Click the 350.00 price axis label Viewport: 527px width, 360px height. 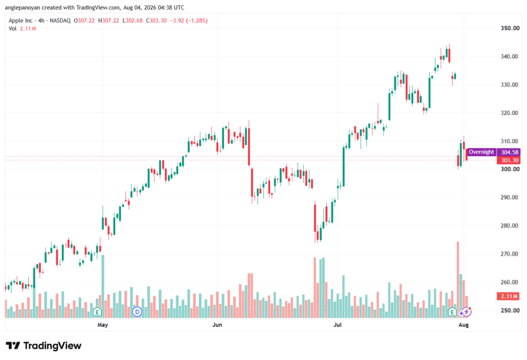[x=510, y=28]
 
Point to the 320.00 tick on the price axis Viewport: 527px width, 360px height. [x=510, y=113]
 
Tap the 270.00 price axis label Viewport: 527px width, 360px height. [x=510, y=254]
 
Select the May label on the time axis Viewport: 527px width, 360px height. [x=102, y=324]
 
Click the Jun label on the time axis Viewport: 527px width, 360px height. [x=217, y=324]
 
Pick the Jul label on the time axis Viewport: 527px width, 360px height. [x=337, y=324]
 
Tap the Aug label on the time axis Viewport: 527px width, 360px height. [x=464, y=324]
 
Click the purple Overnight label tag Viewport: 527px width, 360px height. [x=481, y=152]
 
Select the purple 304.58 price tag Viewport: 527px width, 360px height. [x=509, y=152]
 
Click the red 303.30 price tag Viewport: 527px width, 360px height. [x=509, y=161]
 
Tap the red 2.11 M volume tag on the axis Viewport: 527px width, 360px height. [x=509, y=297]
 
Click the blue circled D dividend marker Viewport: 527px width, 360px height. [x=137, y=312]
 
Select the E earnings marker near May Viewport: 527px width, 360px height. [x=97, y=312]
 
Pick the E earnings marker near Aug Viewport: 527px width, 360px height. [x=452, y=312]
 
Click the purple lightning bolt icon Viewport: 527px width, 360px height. [x=466, y=312]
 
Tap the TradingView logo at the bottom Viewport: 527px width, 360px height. [x=44, y=346]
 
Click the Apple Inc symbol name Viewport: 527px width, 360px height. [x=21, y=21]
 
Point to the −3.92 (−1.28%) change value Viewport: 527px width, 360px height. [x=188, y=21]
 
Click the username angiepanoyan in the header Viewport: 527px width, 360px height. [x=23, y=7]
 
